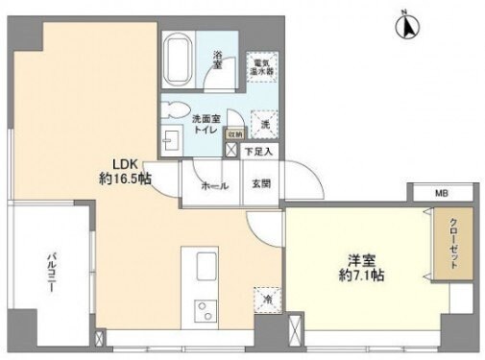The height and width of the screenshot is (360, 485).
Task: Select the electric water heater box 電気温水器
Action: tap(258, 65)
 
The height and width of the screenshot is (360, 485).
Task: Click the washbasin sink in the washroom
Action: tap(170, 140)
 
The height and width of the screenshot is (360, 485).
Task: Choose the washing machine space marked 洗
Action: tap(259, 122)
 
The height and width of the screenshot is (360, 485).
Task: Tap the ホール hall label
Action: tap(214, 185)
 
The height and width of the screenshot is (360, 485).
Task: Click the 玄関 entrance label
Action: tap(261, 184)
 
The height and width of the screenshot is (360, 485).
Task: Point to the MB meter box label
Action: tap(441, 194)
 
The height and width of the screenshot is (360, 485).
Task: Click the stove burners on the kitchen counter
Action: tap(206, 312)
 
